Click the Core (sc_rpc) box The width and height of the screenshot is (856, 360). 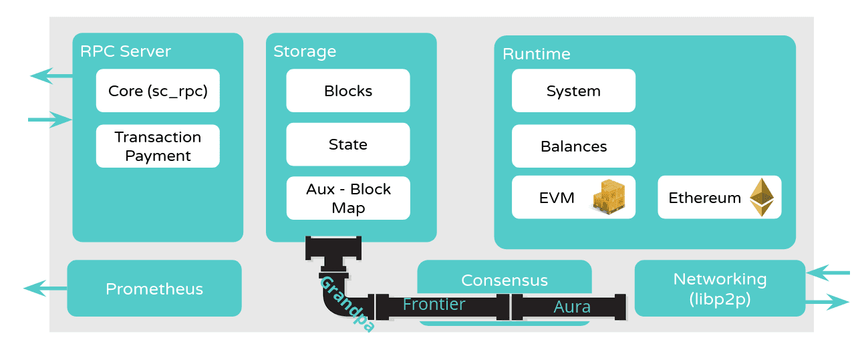(x=158, y=91)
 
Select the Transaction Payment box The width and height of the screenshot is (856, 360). (x=158, y=146)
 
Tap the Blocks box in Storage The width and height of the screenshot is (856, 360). (x=348, y=91)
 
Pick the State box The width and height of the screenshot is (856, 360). (x=348, y=144)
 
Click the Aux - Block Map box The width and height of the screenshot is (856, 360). (x=348, y=198)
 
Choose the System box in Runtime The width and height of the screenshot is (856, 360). (x=573, y=91)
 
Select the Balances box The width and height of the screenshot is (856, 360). (x=573, y=146)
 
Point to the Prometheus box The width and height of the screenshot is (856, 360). (x=154, y=289)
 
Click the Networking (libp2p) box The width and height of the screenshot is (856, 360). (x=720, y=289)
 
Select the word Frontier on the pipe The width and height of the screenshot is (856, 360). (x=434, y=305)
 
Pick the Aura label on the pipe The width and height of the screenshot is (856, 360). (x=572, y=307)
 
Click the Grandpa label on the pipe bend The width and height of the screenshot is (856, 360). (x=346, y=304)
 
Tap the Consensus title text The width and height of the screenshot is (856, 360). (x=505, y=281)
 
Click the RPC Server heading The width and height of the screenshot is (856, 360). (x=126, y=51)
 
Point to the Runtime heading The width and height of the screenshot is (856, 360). (x=537, y=54)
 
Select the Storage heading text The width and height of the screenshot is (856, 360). (x=305, y=51)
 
